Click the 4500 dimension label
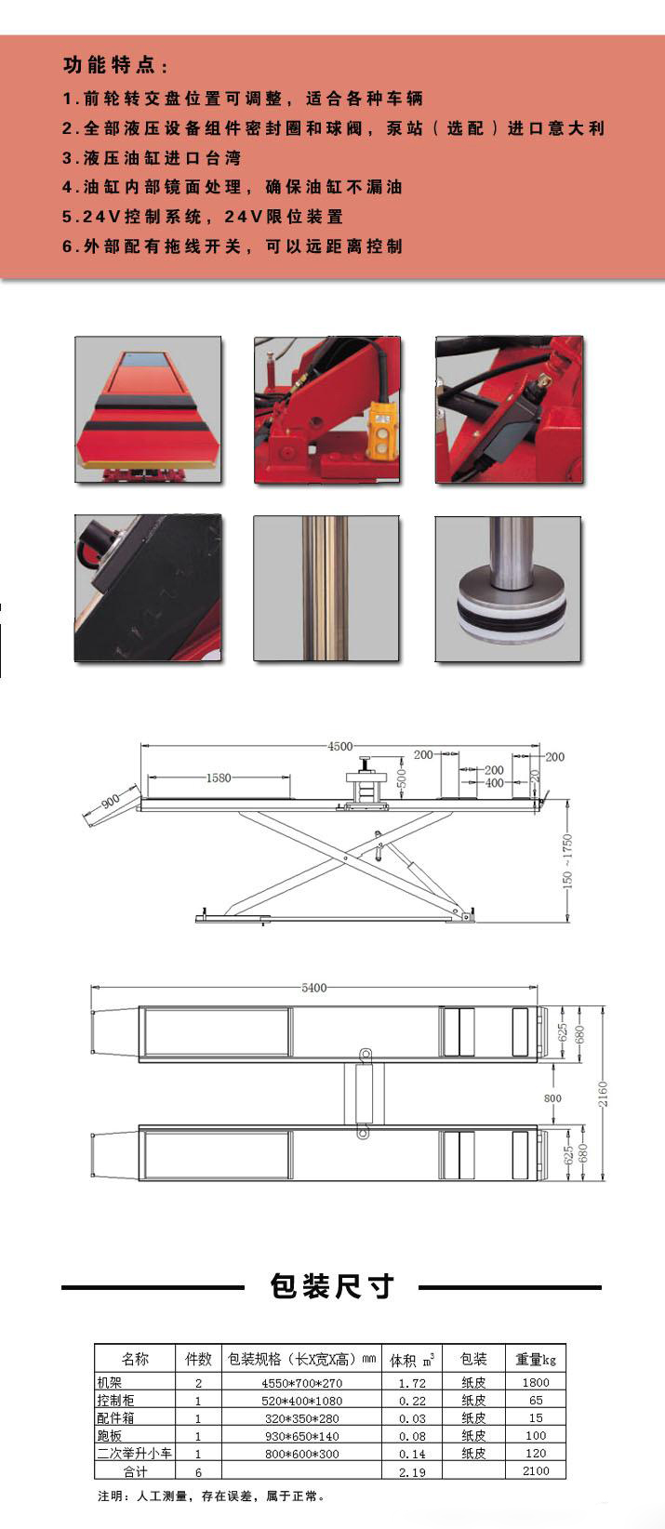click(x=340, y=747)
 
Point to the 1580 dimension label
click(x=219, y=778)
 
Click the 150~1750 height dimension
click(x=567, y=860)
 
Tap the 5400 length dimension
click(x=314, y=988)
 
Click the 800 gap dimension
click(x=552, y=1098)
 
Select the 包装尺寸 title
click(x=332, y=1286)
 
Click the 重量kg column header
click(x=536, y=1359)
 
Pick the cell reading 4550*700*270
click(x=301, y=1383)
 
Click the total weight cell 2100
click(x=536, y=1471)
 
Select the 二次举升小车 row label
click(x=135, y=1453)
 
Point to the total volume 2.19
click(x=412, y=1472)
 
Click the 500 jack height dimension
click(x=402, y=778)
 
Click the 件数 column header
click(x=198, y=1359)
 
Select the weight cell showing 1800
click(x=536, y=1382)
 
